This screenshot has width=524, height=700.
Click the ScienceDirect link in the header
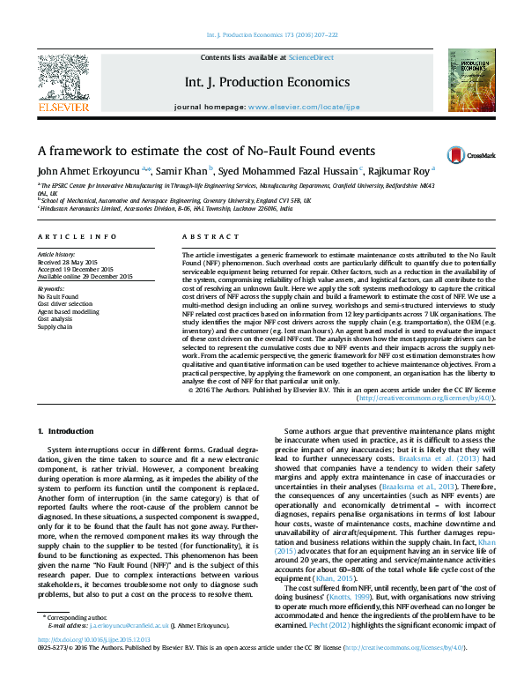pyautogui.click(x=312, y=57)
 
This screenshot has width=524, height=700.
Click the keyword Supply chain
pyautogui.click(x=55, y=326)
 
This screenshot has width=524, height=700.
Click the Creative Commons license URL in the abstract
pyautogui.click(x=424, y=398)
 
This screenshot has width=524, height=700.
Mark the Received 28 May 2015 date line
pyautogui.click(x=70, y=263)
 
